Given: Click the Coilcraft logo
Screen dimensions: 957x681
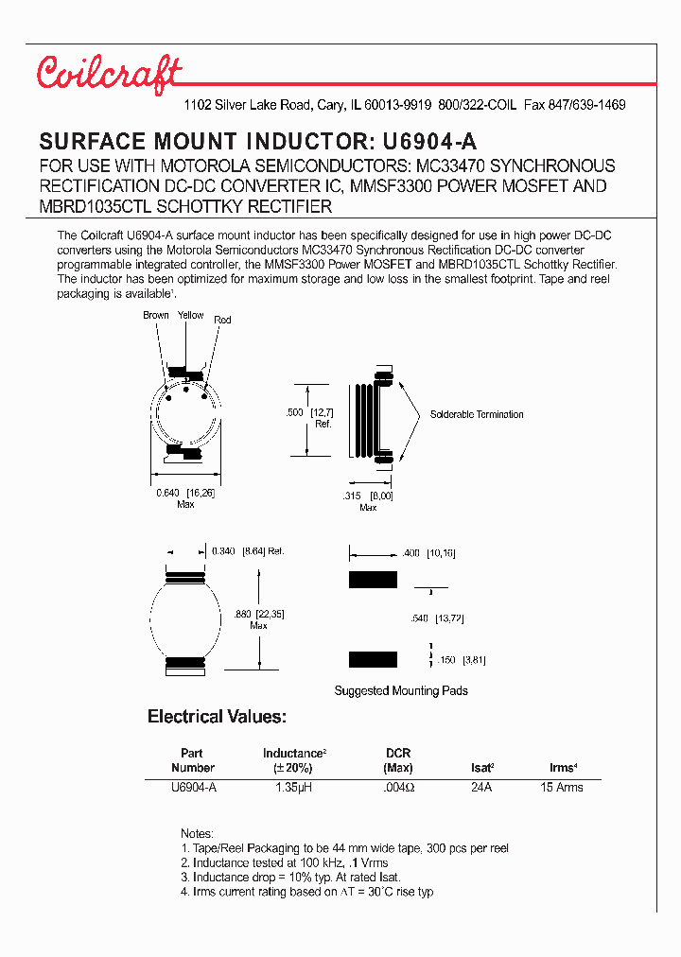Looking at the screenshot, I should click(x=109, y=74).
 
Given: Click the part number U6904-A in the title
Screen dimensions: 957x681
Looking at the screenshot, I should click(x=428, y=143).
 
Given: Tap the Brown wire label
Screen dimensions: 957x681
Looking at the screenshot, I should click(x=156, y=316).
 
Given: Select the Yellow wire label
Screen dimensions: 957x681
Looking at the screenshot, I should click(x=190, y=316).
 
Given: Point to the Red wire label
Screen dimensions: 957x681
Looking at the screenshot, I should click(x=222, y=321).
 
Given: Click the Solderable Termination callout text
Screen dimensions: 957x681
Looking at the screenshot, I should click(x=476, y=414).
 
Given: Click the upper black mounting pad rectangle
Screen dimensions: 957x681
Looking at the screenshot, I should click(x=373, y=580).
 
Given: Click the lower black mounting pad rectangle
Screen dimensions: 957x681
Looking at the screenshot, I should click(x=373, y=660).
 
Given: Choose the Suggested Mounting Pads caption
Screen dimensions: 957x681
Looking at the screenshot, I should click(x=401, y=690).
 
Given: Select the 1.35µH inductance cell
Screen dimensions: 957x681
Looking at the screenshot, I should click(x=294, y=787).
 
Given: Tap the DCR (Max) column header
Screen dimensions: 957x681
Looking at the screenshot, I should click(x=397, y=760).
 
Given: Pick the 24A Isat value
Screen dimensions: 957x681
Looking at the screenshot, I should click(x=481, y=787).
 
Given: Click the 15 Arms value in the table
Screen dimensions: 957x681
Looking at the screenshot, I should click(x=562, y=787).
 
